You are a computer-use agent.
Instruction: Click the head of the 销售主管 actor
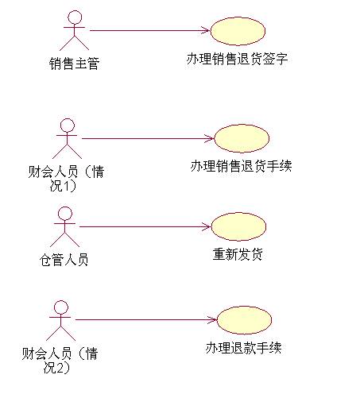(75, 17)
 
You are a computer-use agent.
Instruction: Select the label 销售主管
(75, 64)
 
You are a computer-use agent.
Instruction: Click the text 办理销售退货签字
(237, 59)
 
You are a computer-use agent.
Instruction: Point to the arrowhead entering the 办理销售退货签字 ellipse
(207, 30)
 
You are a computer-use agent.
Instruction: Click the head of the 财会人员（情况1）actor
(68, 126)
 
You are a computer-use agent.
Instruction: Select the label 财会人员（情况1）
(66, 178)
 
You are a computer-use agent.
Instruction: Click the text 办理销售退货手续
(241, 166)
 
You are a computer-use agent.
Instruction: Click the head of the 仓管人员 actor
(65, 214)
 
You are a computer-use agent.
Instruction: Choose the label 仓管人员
(64, 260)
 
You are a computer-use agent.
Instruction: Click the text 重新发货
(238, 254)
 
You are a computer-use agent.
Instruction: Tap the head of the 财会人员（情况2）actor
(61, 307)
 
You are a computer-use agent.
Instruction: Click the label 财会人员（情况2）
(60, 361)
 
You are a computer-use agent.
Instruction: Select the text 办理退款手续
(243, 348)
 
